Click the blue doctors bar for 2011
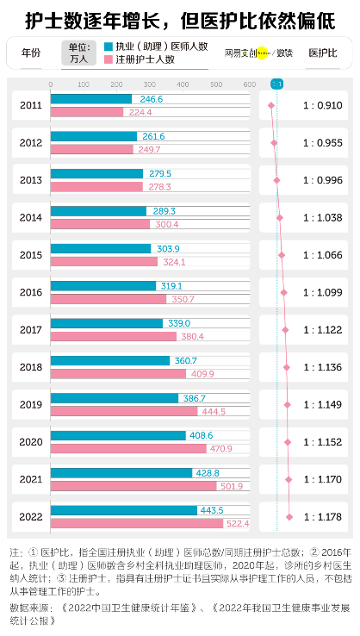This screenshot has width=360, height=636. (91, 100)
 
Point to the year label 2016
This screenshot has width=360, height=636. (30, 292)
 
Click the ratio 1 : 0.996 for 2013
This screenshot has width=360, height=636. (322, 180)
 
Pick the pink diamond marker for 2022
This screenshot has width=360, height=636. (289, 516)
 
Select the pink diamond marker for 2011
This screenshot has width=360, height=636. (271, 105)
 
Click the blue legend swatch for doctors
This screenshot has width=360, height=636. (108, 47)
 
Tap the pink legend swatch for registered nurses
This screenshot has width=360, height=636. (108, 59)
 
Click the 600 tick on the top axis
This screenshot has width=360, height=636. (249, 84)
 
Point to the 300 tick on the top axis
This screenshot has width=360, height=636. (150, 84)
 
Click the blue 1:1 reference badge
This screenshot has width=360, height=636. (276, 84)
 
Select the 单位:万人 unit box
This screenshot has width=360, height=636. (78, 53)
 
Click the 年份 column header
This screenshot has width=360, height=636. (30, 53)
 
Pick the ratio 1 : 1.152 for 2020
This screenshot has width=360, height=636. (322, 441)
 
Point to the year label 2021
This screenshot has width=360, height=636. (30, 479)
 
